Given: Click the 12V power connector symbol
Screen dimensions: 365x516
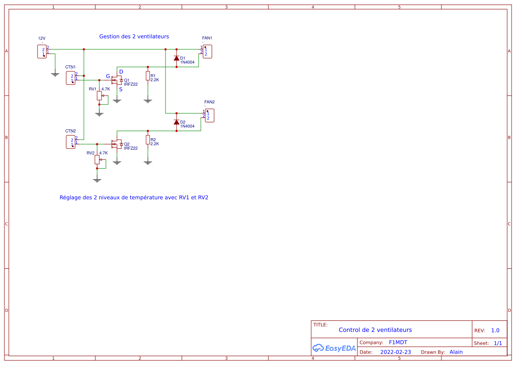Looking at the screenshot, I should (42, 52).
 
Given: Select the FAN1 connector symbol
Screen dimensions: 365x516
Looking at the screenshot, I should (207, 52).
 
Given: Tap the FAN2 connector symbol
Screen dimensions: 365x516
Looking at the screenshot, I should (210, 116).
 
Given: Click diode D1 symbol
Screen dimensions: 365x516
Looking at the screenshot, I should (176, 58).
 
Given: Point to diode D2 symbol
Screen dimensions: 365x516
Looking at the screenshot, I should (176, 122).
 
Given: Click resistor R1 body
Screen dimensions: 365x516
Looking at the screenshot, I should (148, 75).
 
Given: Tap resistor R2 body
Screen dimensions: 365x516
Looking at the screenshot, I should (148, 139).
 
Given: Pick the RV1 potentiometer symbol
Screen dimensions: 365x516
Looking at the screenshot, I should (99, 96).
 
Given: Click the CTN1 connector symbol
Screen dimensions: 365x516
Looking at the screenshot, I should (71, 78).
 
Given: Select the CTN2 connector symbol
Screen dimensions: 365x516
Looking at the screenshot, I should (71, 142).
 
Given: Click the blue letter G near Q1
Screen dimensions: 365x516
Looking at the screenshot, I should (108, 76).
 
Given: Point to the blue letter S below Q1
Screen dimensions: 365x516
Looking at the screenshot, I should (121, 89).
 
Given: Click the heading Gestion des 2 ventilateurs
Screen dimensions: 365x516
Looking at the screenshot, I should (134, 37).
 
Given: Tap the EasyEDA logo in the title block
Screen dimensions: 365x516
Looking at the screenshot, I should (334, 348).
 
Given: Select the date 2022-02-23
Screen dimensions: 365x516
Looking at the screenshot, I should (395, 352).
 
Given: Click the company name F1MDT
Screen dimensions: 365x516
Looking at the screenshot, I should (398, 342).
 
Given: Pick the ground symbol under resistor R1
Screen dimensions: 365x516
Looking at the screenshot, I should (148, 101).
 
